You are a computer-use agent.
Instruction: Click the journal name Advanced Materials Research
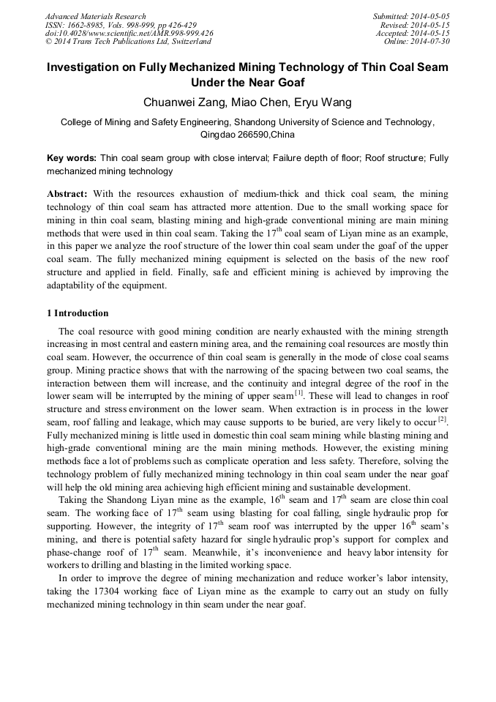[x=95, y=16]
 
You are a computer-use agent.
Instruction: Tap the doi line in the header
[x=129, y=34]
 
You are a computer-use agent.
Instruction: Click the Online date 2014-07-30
[x=432, y=42]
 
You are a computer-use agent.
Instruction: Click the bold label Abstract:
[x=67, y=194]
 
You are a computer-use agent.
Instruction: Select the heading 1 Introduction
[x=78, y=313]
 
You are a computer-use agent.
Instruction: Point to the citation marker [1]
[x=298, y=392]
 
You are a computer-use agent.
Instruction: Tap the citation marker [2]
[x=442, y=419]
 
